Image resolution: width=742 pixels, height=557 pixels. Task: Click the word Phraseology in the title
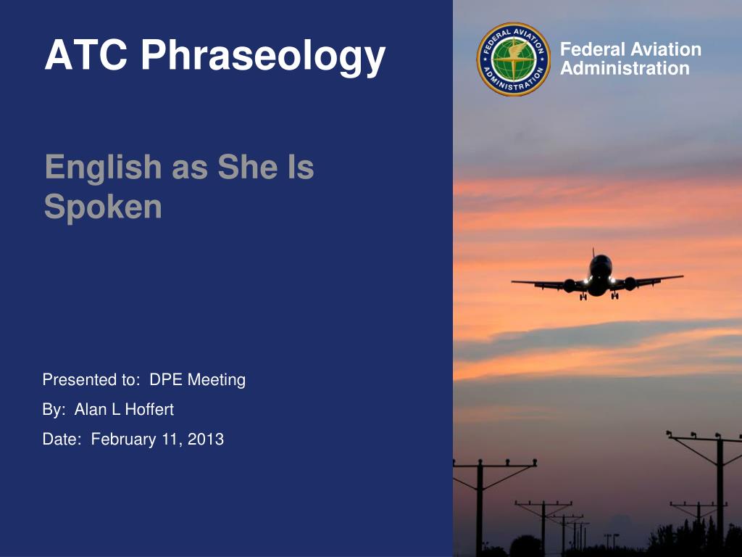coord(263,57)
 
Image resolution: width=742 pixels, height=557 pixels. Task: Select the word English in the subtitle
coord(103,168)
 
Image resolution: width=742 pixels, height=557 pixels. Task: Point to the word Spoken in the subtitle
coord(103,207)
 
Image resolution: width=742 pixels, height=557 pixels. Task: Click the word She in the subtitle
coord(248,167)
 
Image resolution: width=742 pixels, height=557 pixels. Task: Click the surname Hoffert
coord(149,409)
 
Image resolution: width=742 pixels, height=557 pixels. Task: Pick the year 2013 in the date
coord(205,439)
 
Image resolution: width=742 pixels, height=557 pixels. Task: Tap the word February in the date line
coord(123,440)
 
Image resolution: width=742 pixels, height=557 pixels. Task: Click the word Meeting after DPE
coord(216,380)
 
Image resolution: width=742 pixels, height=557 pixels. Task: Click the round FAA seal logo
coord(514,59)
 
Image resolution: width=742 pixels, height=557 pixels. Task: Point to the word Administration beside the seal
coord(625,68)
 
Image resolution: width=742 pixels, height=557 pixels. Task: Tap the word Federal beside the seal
coord(593,49)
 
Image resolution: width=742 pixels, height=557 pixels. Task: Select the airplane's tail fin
coord(593,252)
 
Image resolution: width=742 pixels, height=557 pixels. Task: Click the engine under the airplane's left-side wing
coord(570,285)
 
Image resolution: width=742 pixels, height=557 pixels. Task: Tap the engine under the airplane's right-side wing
coord(630,284)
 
